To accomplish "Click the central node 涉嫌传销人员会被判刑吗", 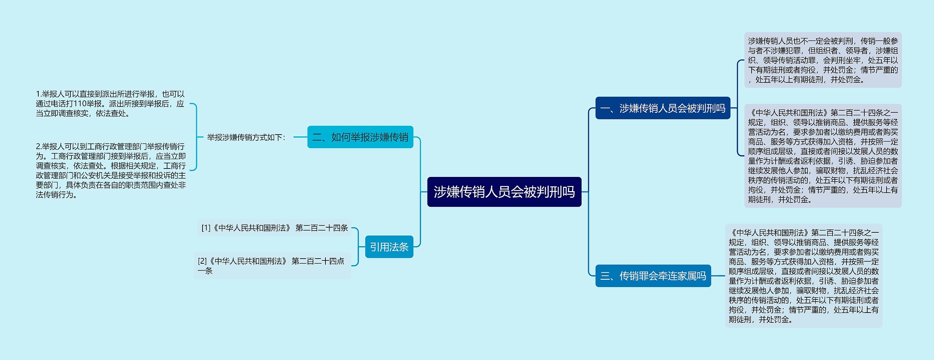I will pos(504,192).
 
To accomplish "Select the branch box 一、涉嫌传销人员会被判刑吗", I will pos(663,108).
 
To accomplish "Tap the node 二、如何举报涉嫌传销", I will pos(360,137).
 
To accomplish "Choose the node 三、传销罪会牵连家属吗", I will pos(653,276).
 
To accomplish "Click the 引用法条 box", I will pos(389,247).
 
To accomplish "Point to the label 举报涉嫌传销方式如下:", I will pos(246,138).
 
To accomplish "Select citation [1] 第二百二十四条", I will pos(274,228).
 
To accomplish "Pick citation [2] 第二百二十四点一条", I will pos(272,266).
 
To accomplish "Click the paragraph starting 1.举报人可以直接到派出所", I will pos(110,104).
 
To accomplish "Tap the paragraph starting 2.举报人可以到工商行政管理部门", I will pos(111,171).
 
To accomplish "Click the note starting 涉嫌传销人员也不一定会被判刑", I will pos(823,60).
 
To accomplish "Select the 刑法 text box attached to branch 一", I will pos(823,156).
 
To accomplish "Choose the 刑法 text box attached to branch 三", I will pos(803,276).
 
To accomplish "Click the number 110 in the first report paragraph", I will pos(80,104).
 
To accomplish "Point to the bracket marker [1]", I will pos(206,228).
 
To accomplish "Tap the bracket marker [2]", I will pos(202,261).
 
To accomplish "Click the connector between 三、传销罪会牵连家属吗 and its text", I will pos(718,276).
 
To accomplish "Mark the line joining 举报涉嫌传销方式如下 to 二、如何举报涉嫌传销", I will pos(300,137).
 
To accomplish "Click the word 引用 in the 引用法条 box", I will pos(379,247).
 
